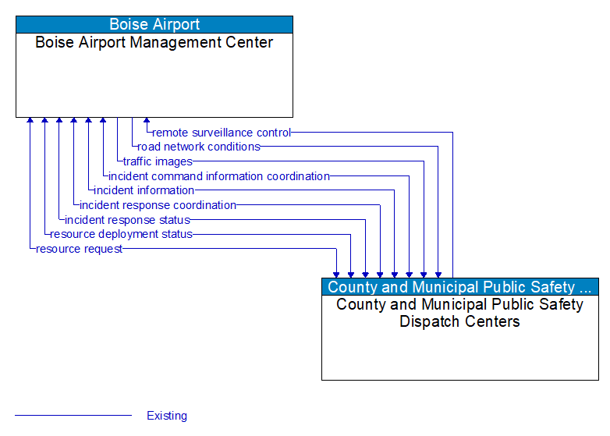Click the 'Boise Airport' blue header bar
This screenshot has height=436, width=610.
(154, 24)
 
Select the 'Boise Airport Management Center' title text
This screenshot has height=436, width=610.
(154, 43)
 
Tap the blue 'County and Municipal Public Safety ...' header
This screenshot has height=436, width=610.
(459, 287)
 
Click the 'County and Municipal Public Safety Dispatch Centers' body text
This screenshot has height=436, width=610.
(459, 313)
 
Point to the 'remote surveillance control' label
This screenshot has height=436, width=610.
(222, 133)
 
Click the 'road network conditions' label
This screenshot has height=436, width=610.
(199, 147)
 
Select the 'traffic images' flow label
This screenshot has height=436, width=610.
(158, 161)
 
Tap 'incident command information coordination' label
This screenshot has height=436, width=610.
(219, 176)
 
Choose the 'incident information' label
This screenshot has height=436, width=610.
(144, 190)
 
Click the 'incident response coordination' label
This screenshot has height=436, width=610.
(158, 205)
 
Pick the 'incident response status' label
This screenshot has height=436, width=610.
(127, 220)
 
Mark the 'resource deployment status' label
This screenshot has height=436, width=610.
(121, 234)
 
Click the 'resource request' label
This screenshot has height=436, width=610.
(79, 249)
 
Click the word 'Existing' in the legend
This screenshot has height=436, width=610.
(167, 416)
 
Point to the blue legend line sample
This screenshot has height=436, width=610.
(73, 416)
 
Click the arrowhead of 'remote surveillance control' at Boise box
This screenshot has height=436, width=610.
(147, 122)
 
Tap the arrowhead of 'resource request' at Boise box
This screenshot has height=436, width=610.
(30, 122)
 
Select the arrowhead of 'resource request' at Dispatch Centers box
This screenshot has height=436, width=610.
(336, 274)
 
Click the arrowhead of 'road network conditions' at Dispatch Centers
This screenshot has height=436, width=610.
(438, 274)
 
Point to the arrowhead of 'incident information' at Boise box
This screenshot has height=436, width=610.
(88, 122)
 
